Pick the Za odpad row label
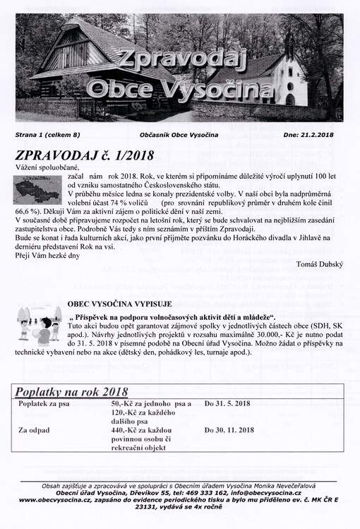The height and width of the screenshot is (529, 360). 35,429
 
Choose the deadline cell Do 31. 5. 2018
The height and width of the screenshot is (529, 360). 227,403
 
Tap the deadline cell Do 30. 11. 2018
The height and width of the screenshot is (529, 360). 229,429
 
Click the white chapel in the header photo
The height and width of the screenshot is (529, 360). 290,78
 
